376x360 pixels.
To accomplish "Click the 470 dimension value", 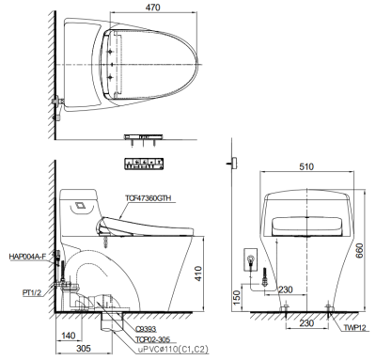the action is [153, 8].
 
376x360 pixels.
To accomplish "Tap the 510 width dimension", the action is [305, 166].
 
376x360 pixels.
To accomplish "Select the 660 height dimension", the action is [359, 250].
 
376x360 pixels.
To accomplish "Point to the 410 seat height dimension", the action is [198, 274].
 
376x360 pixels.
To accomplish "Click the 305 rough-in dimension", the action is [84, 348].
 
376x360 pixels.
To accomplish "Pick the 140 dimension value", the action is [68, 336].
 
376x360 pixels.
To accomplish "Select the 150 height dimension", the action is [237, 297].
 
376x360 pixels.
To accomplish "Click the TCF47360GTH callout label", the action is [149, 198].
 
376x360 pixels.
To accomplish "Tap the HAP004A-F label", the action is [27, 257].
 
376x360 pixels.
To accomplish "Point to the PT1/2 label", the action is [32, 293].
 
